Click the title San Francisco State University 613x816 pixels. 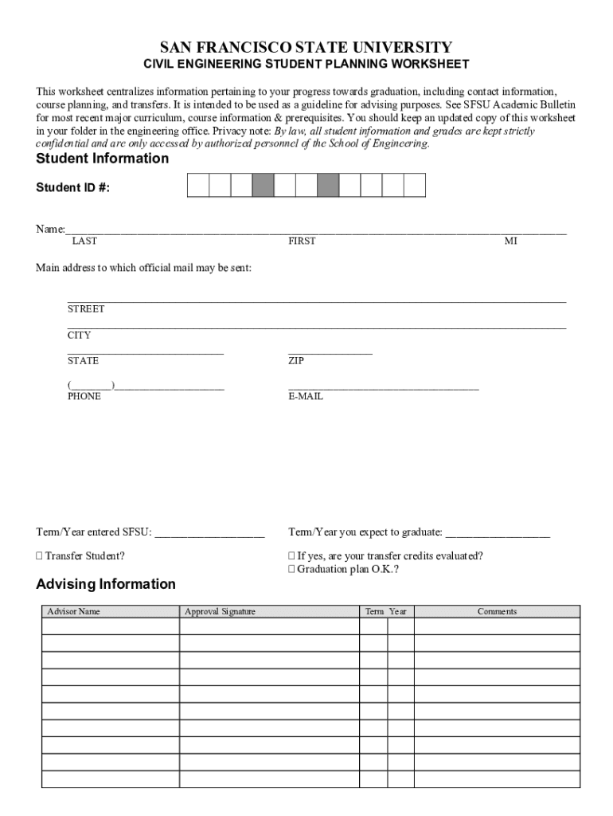pos(306,47)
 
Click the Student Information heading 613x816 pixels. pos(103,159)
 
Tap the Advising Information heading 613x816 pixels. pos(106,584)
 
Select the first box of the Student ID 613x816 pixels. pos(198,186)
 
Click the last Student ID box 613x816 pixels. pos(415,186)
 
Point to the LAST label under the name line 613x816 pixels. pos(84,241)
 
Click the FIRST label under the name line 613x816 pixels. pos(302,241)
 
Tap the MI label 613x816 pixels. pos(510,241)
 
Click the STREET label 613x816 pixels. pos(86,309)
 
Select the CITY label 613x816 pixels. pos(79,335)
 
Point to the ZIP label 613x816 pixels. pos(295,361)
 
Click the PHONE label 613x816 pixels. pos(84,396)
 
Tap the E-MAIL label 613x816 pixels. pos(306,396)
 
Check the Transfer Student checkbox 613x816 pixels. pos(40,556)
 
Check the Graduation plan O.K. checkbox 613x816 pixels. pos(291,570)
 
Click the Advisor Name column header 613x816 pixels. pos(74,612)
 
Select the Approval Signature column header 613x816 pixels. pos(220,612)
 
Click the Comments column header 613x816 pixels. pos(497,612)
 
